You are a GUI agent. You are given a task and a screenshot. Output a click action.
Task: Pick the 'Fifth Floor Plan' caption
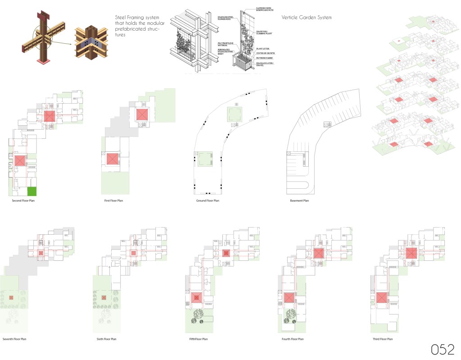click(x=199, y=338)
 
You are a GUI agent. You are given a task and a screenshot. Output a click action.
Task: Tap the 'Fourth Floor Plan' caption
click(x=291, y=338)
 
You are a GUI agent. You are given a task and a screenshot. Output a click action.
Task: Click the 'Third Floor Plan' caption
click(x=383, y=338)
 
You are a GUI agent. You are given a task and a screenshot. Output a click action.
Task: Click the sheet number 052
click(x=444, y=349)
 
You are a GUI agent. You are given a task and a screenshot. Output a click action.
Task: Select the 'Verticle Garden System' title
click(x=307, y=18)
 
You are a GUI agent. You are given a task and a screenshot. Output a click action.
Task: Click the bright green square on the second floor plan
click(x=32, y=191)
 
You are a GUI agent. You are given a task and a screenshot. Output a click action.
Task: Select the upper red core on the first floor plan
click(x=142, y=114)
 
